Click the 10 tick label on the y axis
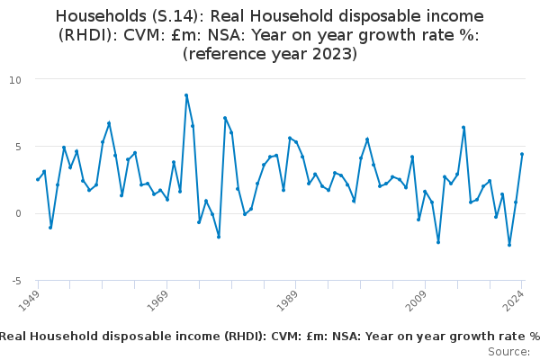(14, 79)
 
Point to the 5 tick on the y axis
(17, 146)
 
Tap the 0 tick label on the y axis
(17, 213)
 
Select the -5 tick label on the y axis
(15, 281)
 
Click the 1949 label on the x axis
(31, 298)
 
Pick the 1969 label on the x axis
(159, 298)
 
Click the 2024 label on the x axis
(515, 298)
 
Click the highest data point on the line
(186, 95)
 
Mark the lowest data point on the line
(509, 245)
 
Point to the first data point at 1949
(38, 179)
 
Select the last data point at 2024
(522, 154)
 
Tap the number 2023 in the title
(326, 54)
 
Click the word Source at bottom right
(509, 351)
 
